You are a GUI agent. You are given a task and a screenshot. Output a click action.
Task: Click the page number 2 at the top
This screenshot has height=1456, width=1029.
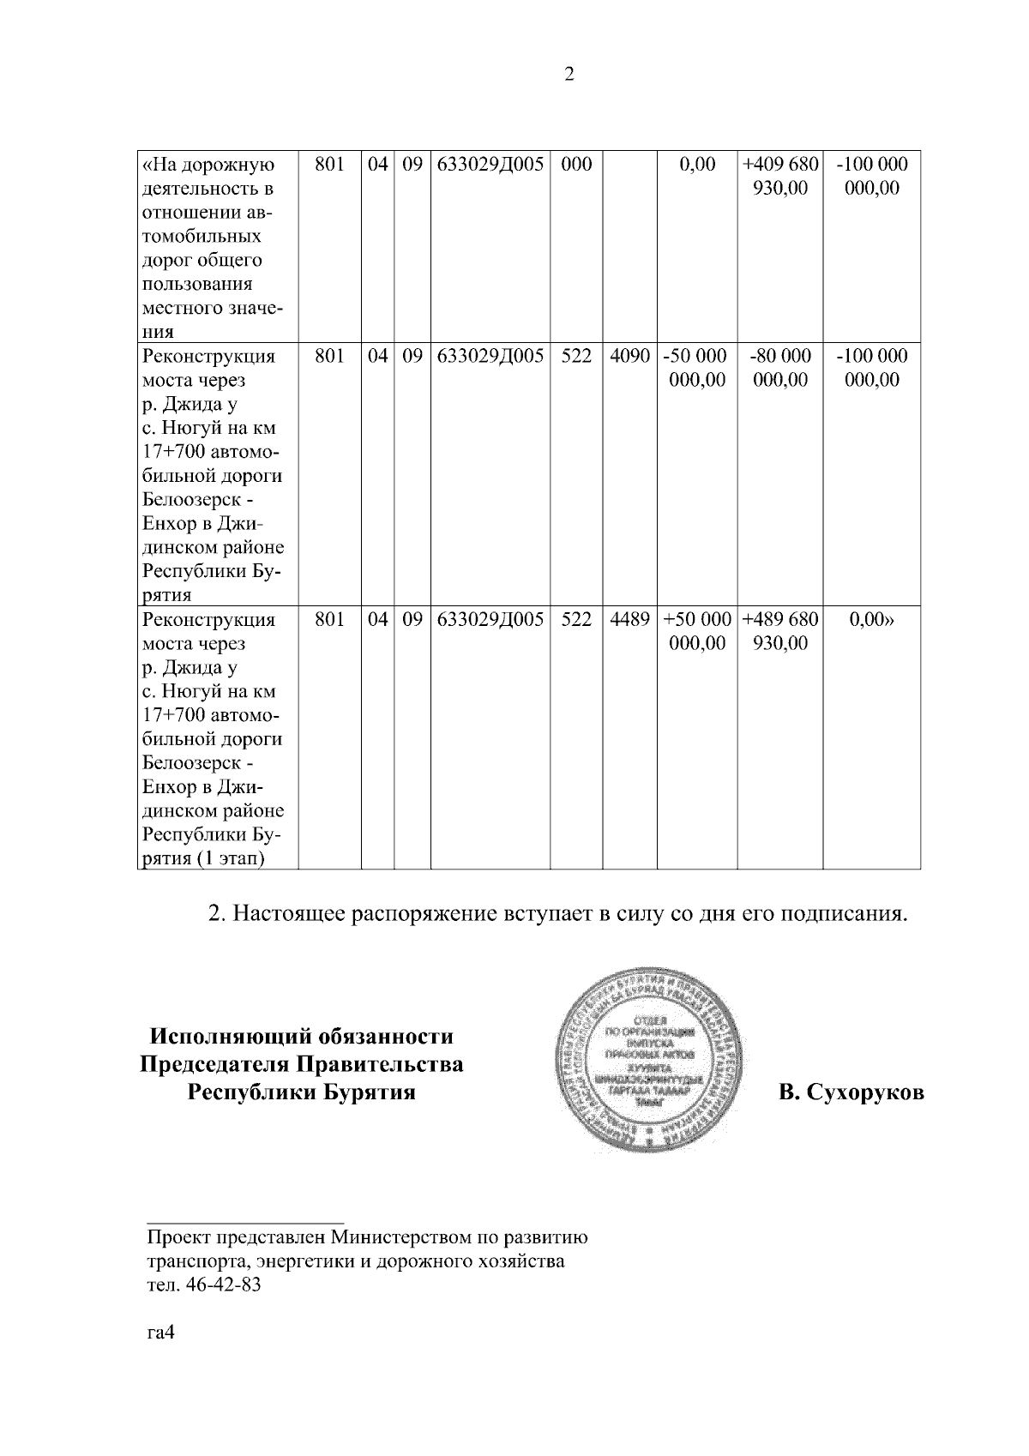569,75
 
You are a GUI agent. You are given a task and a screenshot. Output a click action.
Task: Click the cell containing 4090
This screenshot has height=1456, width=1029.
629,356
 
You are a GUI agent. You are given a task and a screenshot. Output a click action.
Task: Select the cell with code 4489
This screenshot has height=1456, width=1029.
629,619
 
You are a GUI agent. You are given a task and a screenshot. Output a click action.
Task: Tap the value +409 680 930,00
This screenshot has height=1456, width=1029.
779,176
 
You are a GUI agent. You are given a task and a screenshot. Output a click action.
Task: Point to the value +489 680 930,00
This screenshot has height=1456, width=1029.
779,631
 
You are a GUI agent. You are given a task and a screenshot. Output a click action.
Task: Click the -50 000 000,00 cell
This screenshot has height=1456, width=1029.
696,368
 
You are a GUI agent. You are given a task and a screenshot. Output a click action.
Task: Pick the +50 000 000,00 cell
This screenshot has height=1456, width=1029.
696,631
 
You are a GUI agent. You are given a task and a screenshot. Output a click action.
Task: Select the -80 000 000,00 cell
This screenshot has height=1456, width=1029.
779,368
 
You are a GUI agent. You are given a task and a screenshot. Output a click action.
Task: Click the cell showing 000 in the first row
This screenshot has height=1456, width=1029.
576,165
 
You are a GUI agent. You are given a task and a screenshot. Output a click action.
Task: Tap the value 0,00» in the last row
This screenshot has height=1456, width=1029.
871,619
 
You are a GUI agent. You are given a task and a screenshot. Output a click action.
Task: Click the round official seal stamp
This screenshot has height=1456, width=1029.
647,1061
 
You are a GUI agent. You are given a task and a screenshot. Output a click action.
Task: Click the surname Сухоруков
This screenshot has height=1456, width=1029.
851,1093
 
